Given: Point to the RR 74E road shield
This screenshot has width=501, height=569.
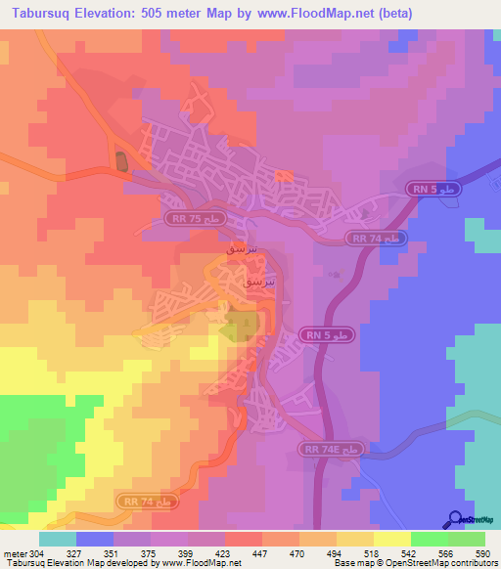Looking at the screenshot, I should pos(330,449).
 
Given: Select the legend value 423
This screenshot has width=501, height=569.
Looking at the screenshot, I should pos(224,553).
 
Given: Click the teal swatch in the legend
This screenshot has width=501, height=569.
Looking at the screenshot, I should pos(57,539).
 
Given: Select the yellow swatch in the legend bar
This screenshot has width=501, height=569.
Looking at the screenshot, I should pos(391,539).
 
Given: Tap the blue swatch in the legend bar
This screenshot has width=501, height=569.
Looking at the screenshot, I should pos(94,539).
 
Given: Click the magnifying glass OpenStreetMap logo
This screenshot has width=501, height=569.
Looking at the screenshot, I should pos(456,520).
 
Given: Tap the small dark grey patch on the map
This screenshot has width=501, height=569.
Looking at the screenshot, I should pos(121,162).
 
